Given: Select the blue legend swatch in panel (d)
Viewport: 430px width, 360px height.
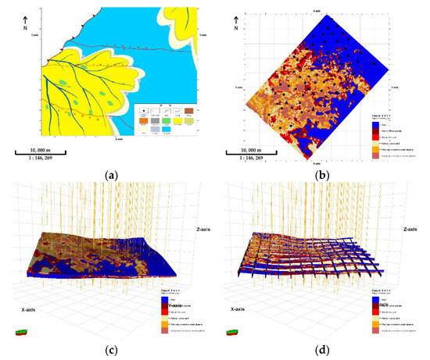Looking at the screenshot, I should coord(387,298).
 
